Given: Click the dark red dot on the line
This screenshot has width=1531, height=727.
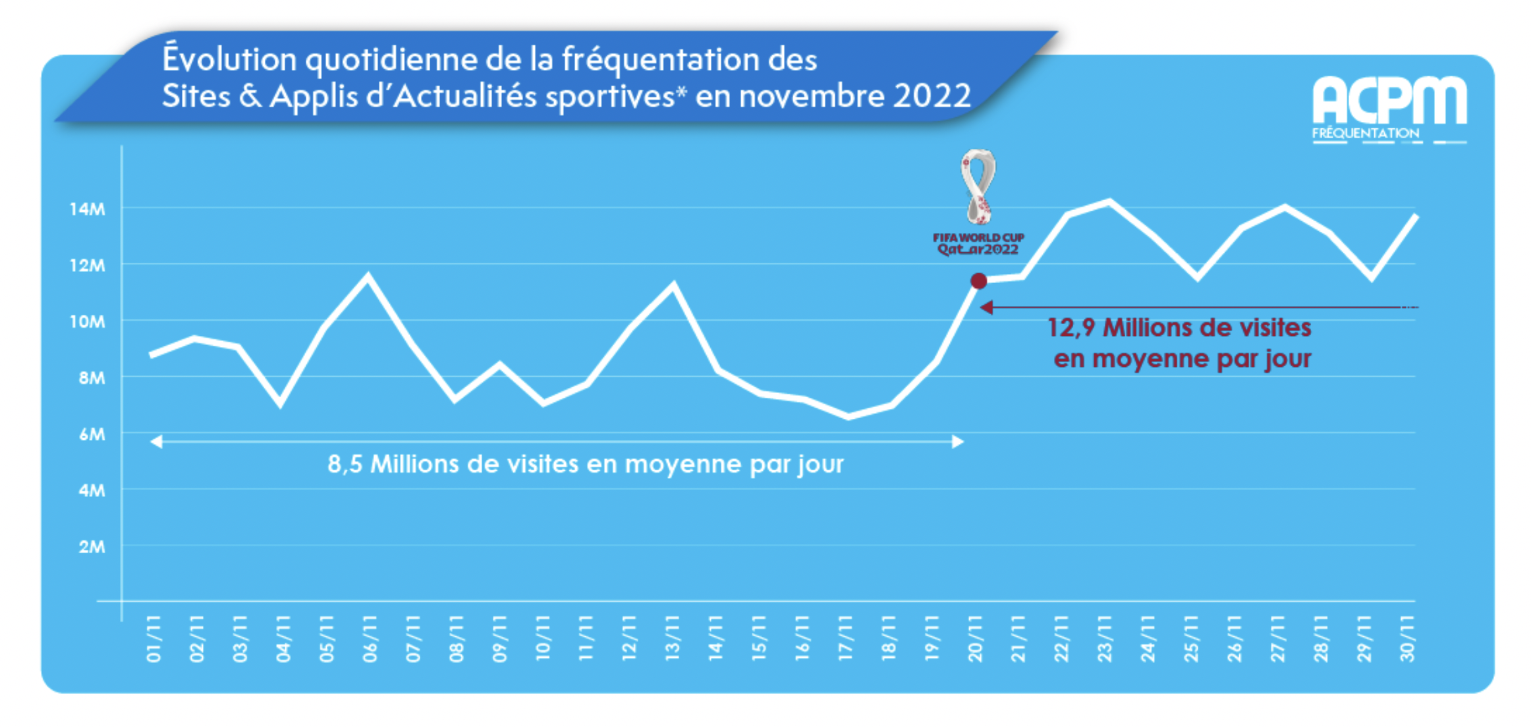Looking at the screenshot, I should point(978,281).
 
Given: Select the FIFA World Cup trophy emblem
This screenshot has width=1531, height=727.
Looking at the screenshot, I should point(978,187).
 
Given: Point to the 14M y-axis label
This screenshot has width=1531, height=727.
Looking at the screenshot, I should point(87,209).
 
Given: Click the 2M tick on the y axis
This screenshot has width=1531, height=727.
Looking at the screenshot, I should point(92,547).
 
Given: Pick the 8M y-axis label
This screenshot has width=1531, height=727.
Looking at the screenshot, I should point(92,378).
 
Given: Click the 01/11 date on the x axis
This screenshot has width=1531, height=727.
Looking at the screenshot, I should point(153,639).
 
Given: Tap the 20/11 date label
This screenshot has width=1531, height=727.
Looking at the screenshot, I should point(975,639).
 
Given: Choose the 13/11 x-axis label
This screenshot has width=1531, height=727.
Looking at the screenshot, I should point(673,639).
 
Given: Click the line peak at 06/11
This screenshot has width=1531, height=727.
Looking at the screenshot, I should point(368,275).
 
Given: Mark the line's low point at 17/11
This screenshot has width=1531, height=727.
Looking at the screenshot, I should point(848,416).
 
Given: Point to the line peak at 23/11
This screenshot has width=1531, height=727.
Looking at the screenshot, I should point(1109,201).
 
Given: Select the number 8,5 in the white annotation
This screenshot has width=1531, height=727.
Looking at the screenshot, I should point(345,464).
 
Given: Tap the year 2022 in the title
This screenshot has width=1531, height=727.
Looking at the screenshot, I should point(932,96).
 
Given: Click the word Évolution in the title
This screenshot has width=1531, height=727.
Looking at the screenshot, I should point(229,59).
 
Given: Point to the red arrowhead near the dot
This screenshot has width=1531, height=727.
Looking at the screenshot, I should point(986,308).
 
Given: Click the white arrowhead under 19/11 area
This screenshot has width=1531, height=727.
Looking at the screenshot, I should point(958,441).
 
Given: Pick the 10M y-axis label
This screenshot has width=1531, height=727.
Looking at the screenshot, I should point(87,322).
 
